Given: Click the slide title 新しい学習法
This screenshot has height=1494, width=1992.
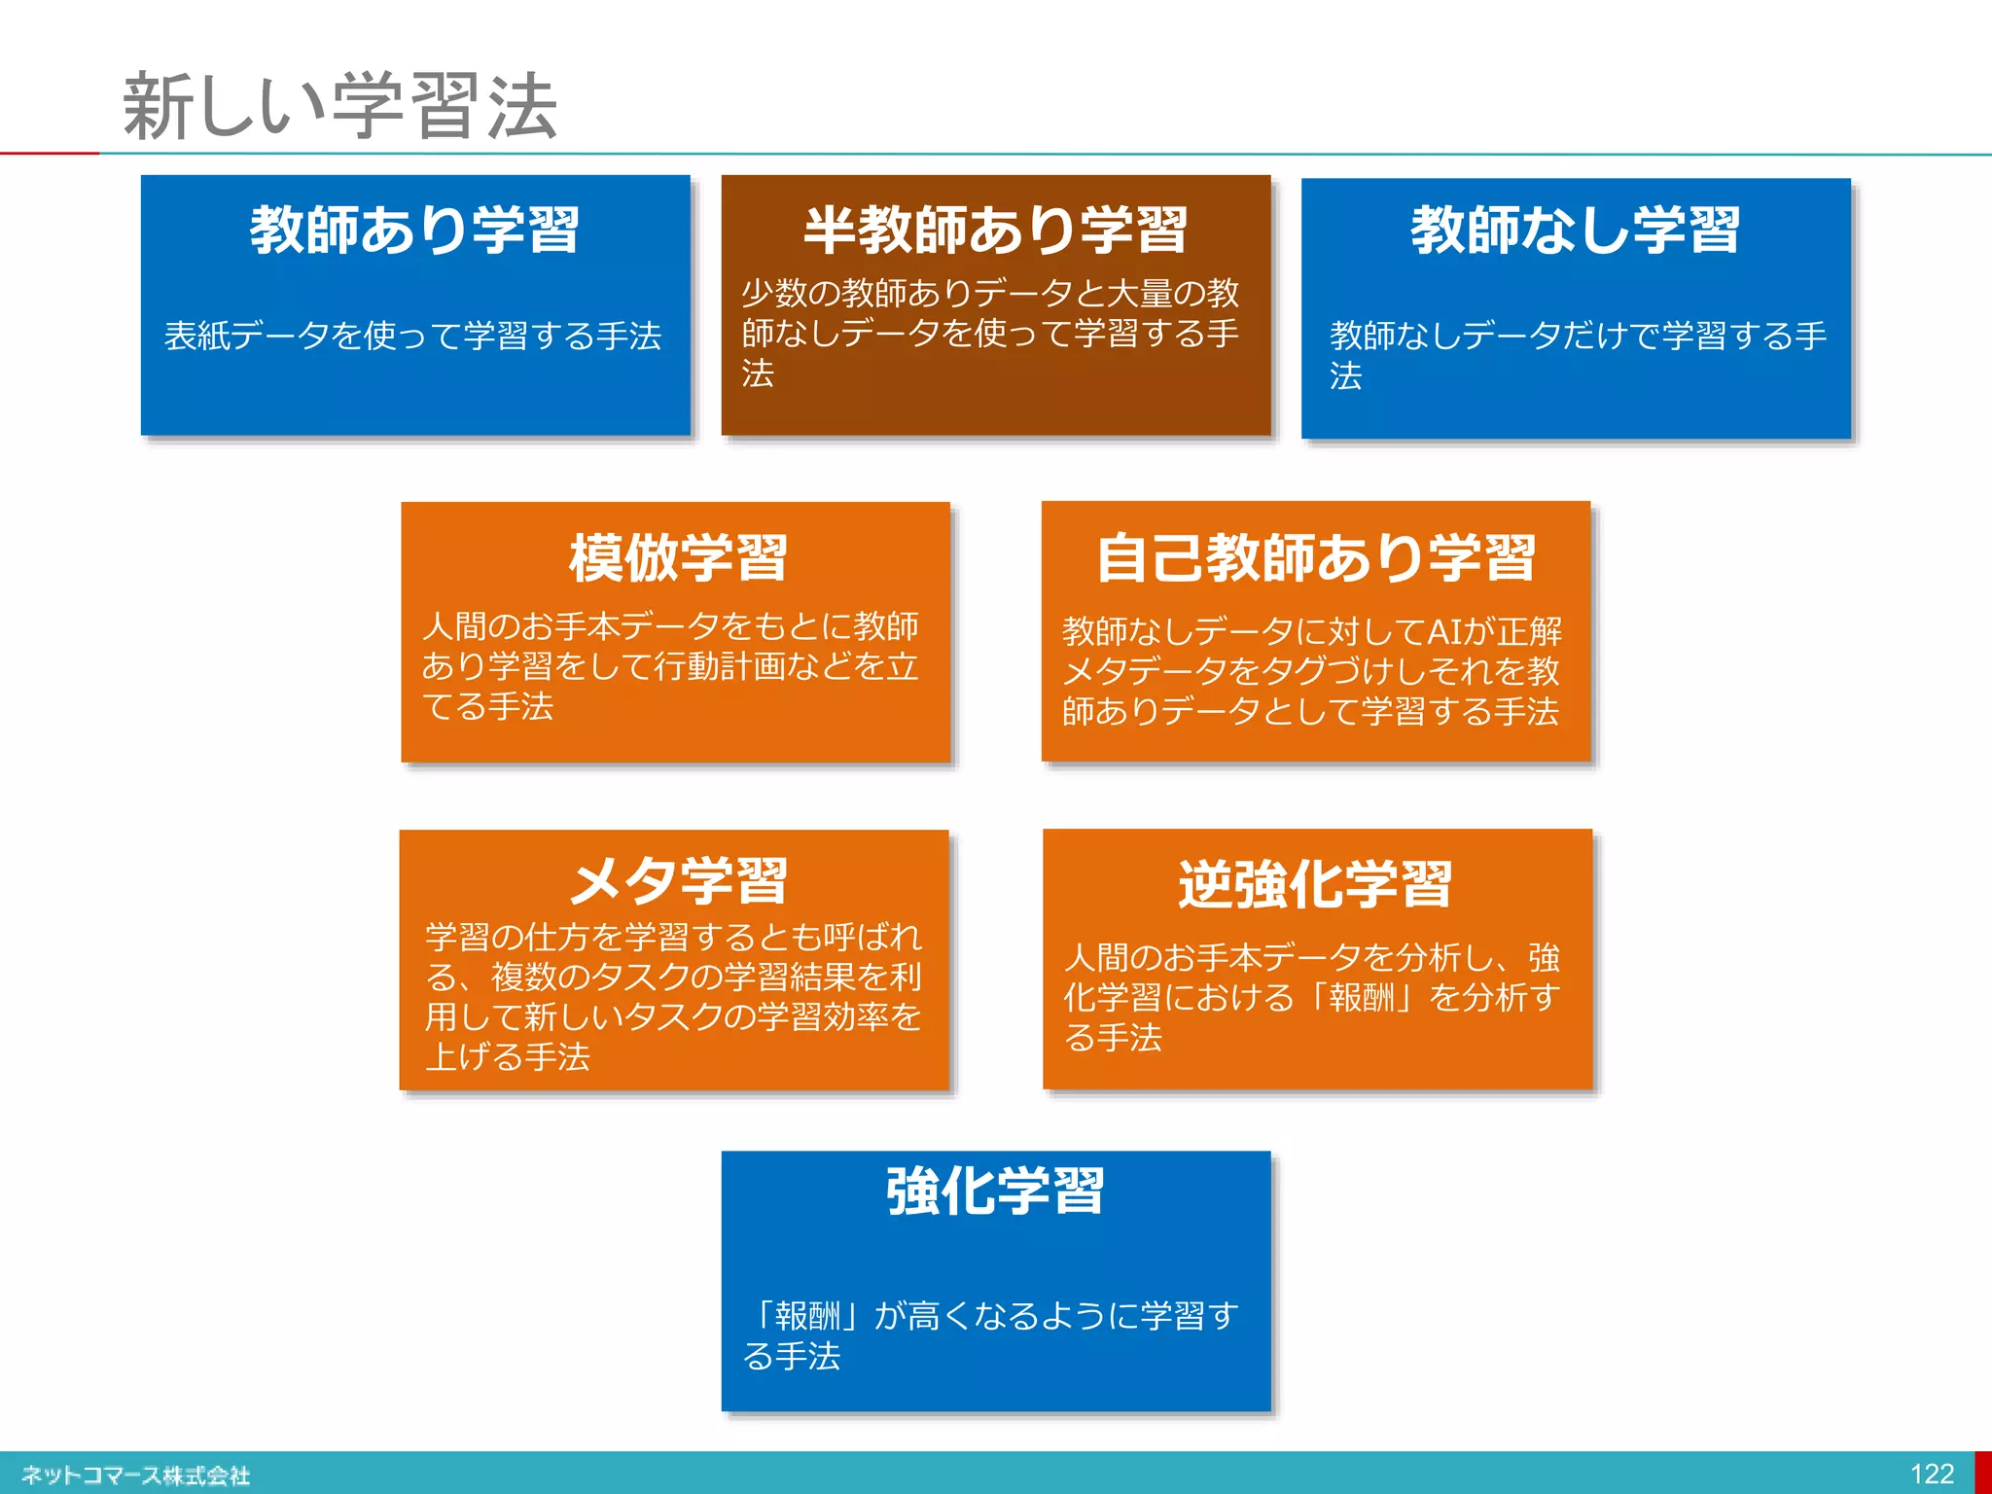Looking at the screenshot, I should pyautogui.click(x=339, y=105).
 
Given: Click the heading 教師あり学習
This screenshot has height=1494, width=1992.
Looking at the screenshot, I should pyautogui.click(x=414, y=231).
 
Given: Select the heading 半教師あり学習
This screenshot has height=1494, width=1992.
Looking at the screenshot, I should pyautogui.click(x=995, y=231).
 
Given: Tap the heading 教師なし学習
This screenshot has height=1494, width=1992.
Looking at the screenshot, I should pyautogui.click(x=1575, y=231).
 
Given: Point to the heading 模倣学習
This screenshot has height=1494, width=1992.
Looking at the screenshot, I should pyautogui.click(x=677, y=558).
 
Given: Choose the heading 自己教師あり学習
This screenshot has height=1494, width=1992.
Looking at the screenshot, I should pyautogui.click(x=1315, y=558).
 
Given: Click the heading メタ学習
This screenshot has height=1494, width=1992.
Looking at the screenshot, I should pyautogui.click(x=677, y=880).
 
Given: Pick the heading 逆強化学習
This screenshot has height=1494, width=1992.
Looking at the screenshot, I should pyautogui.click(x=1315, y=884).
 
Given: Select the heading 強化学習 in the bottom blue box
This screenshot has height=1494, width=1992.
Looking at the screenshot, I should pyautogui.click(x=995, y=1191).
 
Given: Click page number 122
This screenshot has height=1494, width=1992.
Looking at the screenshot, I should pyautogui.click(x=1932, y=1474).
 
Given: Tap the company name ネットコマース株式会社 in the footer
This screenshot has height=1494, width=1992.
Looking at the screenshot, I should pyautogui.click(x=135, y=1476).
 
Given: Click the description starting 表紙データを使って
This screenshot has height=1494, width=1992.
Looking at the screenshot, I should pyautogui.click(x=413, y=336).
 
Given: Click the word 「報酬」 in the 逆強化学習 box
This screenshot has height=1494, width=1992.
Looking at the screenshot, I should pyautogui.click(x=1362, y=997).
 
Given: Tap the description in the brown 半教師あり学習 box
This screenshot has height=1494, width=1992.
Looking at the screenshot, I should pyautogui.click(x=990, y=333).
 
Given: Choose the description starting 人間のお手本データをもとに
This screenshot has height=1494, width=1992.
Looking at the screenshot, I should pyautogui.click(x=670, y=666).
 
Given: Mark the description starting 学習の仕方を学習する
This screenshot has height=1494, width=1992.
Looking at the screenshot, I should pyautogui.click(x=673, y=996).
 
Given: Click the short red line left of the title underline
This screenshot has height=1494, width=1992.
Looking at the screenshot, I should pyautogui.click(x=50, y=153).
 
